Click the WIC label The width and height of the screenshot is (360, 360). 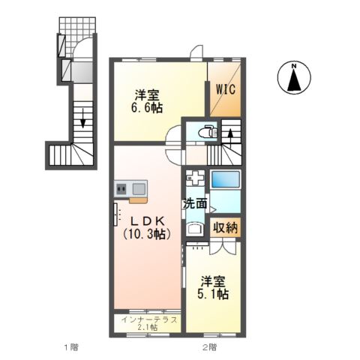point(226,88)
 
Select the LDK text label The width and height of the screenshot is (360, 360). point(148,220)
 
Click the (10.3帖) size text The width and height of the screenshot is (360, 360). point(148,234)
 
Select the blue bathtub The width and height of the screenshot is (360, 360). point(225,180)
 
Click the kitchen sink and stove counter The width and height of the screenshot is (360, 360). point(130,190)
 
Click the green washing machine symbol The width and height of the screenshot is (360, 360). point(194,180)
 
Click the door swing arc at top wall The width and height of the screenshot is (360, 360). point(195,52)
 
